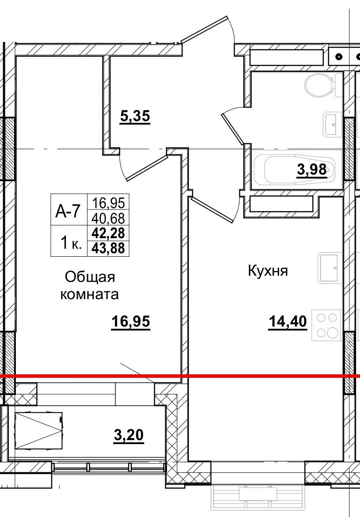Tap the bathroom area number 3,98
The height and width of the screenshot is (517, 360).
click(312, 169)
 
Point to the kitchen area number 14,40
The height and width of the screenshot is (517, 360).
click(287, 322)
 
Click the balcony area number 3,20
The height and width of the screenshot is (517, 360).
click(129, 436)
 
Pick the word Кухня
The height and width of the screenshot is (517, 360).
click(268, 271)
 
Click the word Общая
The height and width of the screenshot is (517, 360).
click(90, 278)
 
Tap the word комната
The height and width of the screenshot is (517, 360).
click(89, 294)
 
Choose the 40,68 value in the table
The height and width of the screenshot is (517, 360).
click(108, 217)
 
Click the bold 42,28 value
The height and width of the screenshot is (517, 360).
click(108, 233)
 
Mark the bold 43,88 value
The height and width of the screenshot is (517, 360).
click(108, 248)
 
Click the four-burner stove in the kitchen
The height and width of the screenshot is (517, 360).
click(327, 325)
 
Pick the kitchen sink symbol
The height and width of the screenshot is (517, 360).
click(329, 268)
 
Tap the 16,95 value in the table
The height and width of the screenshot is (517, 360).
click(108, 203)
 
